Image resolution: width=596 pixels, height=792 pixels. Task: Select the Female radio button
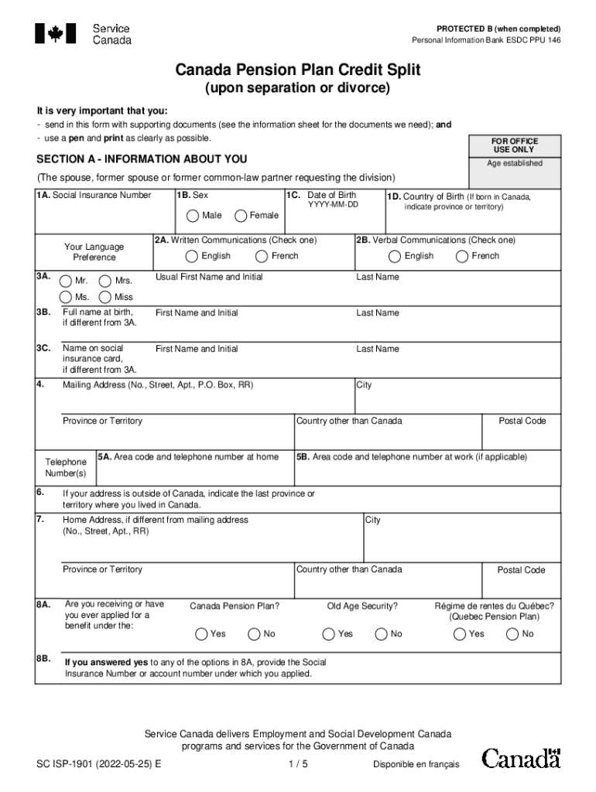(241, 216)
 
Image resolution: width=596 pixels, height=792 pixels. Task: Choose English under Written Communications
(191, 256)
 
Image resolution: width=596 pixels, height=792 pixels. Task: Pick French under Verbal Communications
(462, 256)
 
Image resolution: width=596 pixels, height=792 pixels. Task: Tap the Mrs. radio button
(105, 281)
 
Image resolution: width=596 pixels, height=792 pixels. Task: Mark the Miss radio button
(105, 297)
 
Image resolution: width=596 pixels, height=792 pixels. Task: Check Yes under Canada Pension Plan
(202, 634)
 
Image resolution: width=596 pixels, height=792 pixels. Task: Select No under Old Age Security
(381, 634)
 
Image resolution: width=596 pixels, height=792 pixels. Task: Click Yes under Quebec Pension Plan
(460, 634)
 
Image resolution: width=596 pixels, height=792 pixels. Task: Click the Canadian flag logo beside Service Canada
(56, 33)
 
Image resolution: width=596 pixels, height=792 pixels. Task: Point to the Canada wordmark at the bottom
(521, 758)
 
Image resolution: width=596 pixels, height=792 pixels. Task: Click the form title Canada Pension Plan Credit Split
(298, 70)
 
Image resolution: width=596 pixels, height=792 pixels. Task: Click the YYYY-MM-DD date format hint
(333, 205)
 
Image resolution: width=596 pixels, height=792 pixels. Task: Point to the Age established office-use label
(514, 164)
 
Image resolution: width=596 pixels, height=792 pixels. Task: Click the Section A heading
(142, 159)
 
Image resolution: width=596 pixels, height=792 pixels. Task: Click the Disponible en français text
(416, 765)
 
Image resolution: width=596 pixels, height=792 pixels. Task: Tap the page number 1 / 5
(297, 764)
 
